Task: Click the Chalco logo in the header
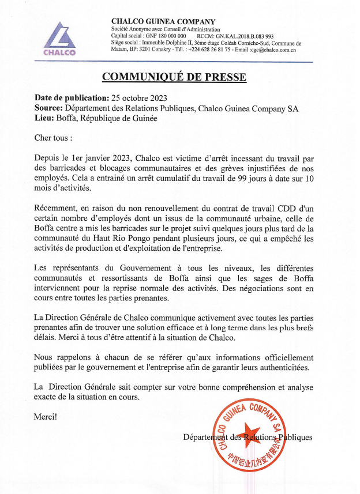click(58, 39)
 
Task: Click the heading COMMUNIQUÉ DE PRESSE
click(174, 77)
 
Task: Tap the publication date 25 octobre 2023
click(138, 97)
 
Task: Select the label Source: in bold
click(49, 108)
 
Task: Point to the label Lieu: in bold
click(45, 118)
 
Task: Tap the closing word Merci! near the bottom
click(46, 416)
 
